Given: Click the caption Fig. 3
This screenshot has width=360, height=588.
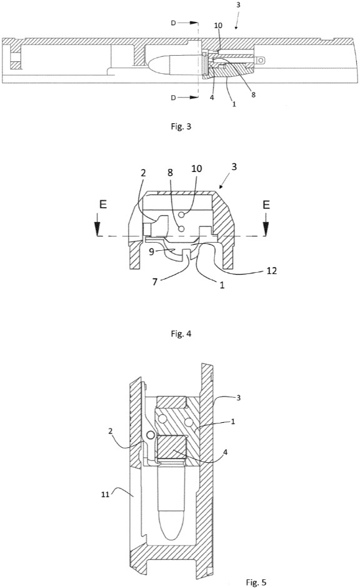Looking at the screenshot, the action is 181,126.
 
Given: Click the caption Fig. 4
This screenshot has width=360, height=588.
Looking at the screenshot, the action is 181,333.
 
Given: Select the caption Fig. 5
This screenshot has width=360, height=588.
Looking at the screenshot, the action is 256,582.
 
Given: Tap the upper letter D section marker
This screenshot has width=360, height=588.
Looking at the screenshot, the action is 173,23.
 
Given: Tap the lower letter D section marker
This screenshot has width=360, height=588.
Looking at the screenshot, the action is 173,98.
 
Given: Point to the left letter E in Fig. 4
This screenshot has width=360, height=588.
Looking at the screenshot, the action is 102,205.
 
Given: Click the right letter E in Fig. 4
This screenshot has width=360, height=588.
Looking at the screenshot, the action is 266,205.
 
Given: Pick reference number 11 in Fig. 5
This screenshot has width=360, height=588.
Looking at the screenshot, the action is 105,495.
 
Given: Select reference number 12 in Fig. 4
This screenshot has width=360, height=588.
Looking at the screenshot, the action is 272,270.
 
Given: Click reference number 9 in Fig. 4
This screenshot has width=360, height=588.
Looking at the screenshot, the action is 151,251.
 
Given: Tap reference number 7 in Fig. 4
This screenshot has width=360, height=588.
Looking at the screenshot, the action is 155,281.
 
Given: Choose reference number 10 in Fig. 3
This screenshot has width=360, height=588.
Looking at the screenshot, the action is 218,26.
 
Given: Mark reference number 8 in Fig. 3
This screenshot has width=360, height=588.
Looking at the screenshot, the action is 253,95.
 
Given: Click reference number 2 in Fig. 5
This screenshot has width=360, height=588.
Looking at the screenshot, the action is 110,431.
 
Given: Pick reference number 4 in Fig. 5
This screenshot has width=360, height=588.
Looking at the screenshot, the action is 225,452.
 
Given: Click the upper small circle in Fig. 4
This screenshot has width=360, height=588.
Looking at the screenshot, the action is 182,215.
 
